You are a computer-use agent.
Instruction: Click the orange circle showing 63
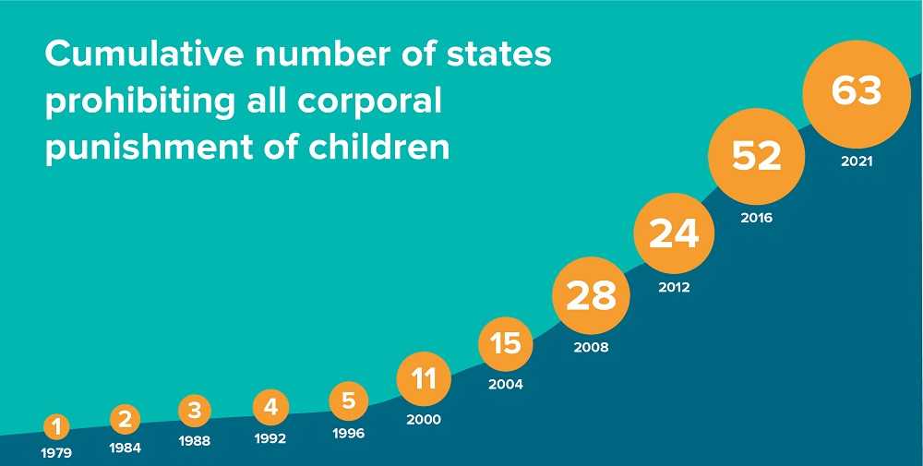click(856, 92)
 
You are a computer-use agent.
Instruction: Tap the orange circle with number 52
click(756, 157)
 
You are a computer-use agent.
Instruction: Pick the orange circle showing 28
click(591, 296)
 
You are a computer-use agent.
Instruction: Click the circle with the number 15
click(506, 344)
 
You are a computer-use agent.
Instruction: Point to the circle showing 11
click(424, 378)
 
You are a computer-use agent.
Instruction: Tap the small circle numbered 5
click(348, 401)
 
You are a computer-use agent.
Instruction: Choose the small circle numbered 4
click(270, 406)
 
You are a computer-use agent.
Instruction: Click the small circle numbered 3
click(194, 411)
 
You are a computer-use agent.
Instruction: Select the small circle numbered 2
click(126, 420)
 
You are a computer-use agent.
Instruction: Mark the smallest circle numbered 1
click(56, 426)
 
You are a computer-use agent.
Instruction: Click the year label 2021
click(857, 161)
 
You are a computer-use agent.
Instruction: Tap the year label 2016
click(756, 219)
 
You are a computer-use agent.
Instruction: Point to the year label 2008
click(591, 348)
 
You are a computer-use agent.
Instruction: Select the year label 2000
click(424, 419)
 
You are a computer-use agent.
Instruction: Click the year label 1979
click(56, 453)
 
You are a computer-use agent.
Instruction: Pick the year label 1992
click(270, 439)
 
